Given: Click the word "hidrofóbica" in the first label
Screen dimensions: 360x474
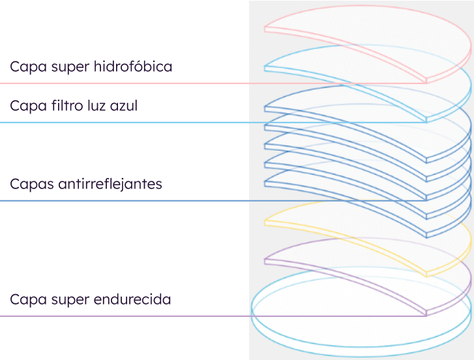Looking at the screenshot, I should point(133,67).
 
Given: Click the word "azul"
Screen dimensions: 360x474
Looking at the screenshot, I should point(123,106).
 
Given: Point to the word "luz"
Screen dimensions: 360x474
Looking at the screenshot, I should point(96,106).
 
